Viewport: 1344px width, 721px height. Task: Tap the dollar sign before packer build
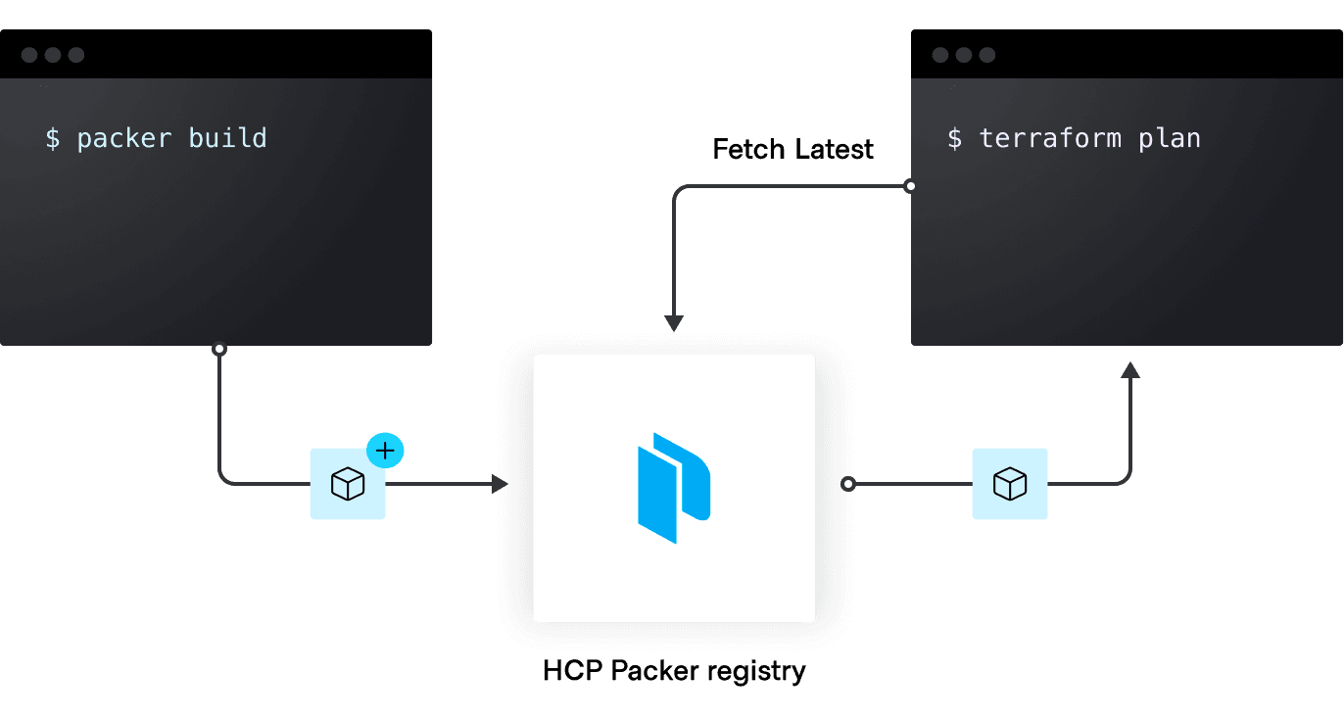53,139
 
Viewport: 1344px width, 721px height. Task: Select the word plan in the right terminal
1170,139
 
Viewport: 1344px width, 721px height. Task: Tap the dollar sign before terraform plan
954,139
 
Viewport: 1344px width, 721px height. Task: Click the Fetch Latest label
792,150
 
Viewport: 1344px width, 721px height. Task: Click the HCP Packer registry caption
674,671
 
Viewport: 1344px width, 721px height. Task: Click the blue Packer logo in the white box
674,488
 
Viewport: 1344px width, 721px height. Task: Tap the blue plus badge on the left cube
385,451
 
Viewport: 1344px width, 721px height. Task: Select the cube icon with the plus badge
348,484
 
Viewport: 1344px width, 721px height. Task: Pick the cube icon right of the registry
1010,484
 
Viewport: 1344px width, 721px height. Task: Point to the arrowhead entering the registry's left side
501,484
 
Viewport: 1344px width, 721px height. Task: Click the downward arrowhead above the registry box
673,323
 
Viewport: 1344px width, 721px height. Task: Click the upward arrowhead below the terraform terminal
1130,369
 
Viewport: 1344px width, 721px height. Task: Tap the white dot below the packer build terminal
219,349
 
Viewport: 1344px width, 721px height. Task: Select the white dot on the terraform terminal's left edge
910,186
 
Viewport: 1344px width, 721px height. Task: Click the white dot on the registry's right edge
848,484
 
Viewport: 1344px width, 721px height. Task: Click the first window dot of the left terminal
29,55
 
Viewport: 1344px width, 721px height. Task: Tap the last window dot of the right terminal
987,55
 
